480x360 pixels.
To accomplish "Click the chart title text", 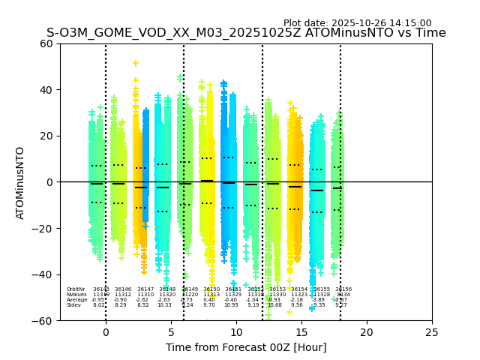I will (x=246, y=33).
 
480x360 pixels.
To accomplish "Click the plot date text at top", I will (x=357, y=23).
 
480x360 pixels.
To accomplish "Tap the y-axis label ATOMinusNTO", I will (x=20, y=182).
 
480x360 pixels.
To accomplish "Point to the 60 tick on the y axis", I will (x=46, y=43).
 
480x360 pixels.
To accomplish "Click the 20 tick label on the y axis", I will (x=46, y=136).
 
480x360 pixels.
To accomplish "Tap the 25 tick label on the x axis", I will (x=432, y=332).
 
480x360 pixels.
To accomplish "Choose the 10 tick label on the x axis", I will (x=236, y=332).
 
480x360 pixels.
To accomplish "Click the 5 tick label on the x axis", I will (x=171, y=332).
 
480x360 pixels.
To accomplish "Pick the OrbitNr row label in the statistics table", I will (x=75, y=289).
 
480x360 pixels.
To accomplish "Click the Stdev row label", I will (x=73, y=305).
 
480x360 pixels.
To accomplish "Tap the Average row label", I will (x=76, y=300).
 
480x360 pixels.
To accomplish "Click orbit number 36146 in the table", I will (x=123, y=289).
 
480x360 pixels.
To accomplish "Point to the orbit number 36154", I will (x=299, y=289).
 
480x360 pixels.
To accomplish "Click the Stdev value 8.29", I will (x=121, y=305).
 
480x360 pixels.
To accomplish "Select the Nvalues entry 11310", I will (x=145, y=295).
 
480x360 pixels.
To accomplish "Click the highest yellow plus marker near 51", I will (x=136, y=64).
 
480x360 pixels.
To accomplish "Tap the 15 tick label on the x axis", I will (x=301, y=332).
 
